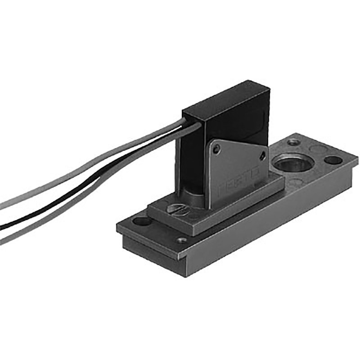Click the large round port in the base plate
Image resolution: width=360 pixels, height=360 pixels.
click(293, 163)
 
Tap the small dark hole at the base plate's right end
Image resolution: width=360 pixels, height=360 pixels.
click(333, 160)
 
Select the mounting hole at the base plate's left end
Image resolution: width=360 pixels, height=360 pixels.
click(142, 221)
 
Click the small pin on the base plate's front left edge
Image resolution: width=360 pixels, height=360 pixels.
click(182, 240)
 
